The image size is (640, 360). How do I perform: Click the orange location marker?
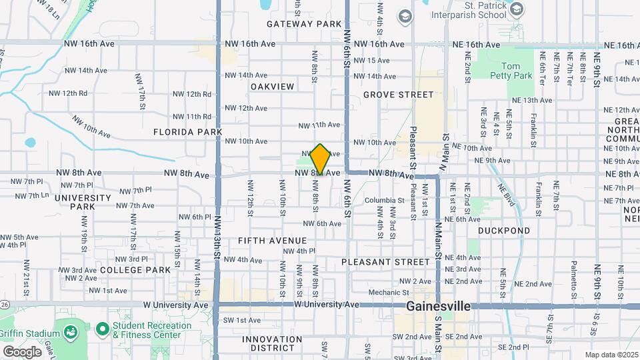[x=321, y=159]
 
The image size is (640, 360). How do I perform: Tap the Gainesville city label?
[x=439, y=307]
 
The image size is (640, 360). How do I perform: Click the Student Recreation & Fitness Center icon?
[x=102, y=329]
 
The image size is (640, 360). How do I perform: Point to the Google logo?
[x=22, y=351]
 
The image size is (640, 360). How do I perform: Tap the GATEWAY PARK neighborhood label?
[x=304, y=24]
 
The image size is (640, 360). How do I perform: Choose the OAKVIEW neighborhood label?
[x=272, y=87]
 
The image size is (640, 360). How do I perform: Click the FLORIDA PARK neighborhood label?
[x=187, y=132]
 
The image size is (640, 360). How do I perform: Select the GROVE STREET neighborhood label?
[x=399, y=95]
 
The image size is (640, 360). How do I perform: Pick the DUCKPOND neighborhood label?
[x=504, y=231]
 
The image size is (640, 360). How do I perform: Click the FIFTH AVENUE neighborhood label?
[x=273, y=241]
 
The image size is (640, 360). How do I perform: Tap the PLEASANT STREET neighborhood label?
[x=386, y=262]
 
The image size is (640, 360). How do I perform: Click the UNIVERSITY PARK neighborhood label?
[x=83, y=203]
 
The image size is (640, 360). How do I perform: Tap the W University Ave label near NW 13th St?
[x=178, y=304]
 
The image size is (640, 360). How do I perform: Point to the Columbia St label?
[x=384, y=199]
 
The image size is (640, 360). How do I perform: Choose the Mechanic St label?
[x=388, y=292]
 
